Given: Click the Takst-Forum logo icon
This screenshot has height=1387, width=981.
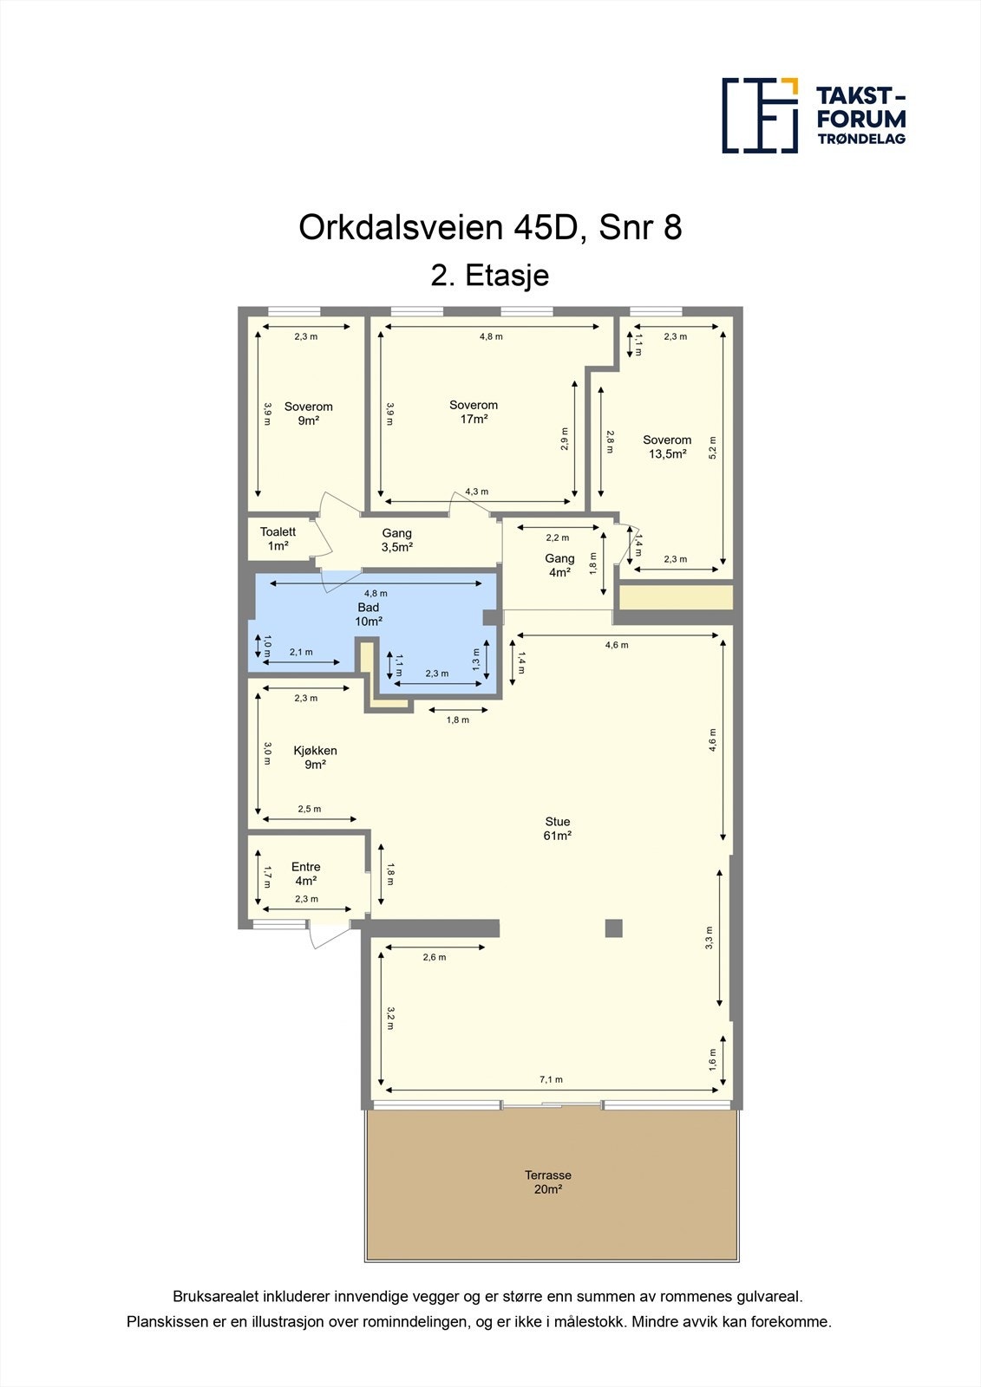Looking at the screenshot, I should tap(760, 115).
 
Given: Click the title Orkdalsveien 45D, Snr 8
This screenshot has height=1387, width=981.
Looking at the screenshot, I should tap(490, 228).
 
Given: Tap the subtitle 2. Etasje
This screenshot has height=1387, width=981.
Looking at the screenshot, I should tap(490, 276).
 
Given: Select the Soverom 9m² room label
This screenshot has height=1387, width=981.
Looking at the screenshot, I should tap(308, 413).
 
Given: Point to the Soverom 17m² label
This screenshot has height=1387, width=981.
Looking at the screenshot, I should tap(474, 412).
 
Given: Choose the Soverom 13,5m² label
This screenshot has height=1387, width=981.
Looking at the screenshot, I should tap(667, 446).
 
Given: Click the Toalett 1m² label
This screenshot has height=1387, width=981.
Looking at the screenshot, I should tap(278, 539).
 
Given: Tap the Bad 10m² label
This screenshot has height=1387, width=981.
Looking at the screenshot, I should tap(369, 615).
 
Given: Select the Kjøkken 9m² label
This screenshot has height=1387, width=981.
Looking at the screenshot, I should tap(315, 758).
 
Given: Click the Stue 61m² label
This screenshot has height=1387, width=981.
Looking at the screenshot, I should tap(558, 829).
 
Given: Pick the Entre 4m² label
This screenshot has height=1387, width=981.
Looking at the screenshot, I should tap(305, 874).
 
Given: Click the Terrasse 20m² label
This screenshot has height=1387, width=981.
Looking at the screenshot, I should tap(548, 1182).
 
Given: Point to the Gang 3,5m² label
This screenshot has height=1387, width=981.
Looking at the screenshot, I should tap(397, 540).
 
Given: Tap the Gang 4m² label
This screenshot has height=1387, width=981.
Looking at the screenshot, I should tap(559, 565).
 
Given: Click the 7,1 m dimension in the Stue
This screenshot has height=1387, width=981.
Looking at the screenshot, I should tap(551, 1079).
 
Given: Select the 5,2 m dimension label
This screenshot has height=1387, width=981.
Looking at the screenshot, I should tap(713, 446).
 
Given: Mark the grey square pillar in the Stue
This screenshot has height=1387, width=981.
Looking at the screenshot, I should tap(613, 928).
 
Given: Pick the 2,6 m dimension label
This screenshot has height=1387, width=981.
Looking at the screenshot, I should tap(435, 957).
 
